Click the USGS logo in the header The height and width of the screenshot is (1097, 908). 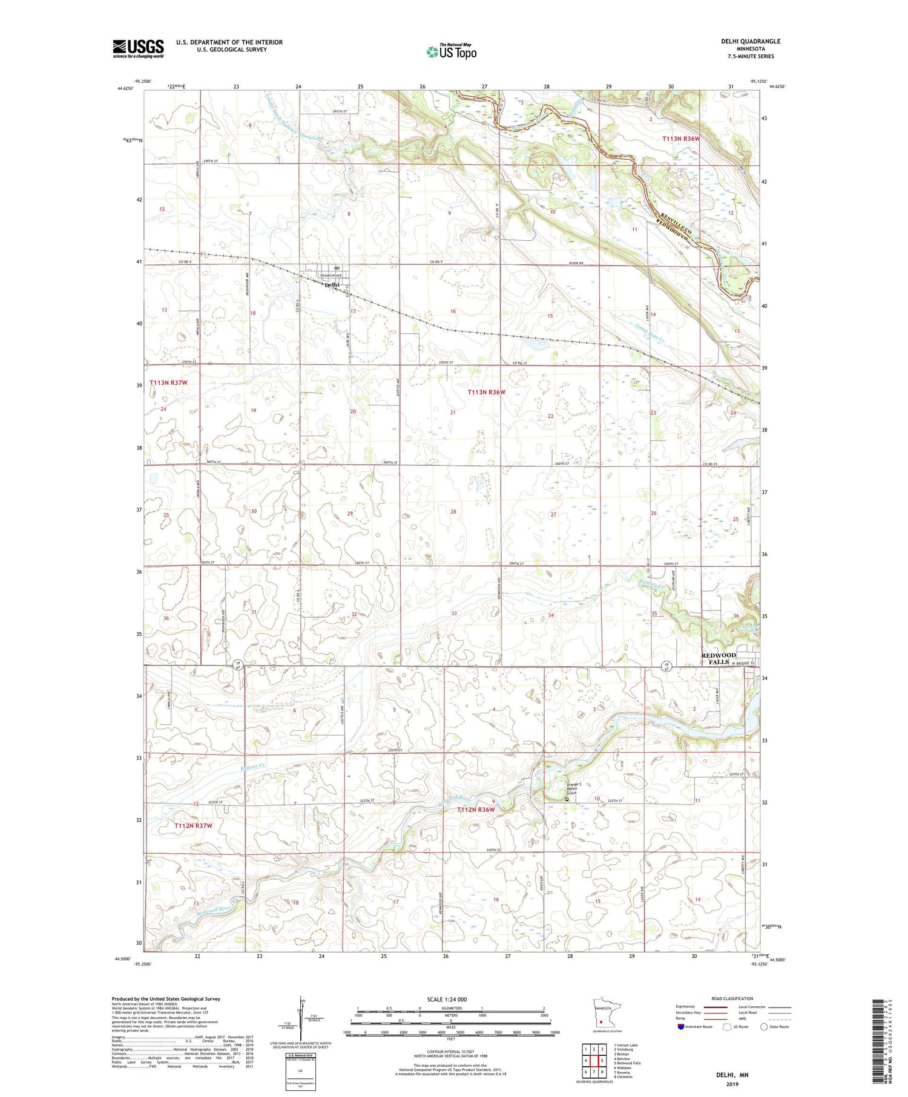tap(138, 48)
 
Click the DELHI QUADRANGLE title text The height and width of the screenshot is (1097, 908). tap(750, 41)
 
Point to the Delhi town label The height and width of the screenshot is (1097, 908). tap(332, 284)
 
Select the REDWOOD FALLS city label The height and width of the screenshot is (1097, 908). tap(719, 658)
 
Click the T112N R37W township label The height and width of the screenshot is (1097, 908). tap(193, 825)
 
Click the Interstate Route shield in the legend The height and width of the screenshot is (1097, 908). tap(681, 1027)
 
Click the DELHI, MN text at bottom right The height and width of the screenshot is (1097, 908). tap(732, 1075)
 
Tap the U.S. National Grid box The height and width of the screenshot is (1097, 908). tap(300, 1072)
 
